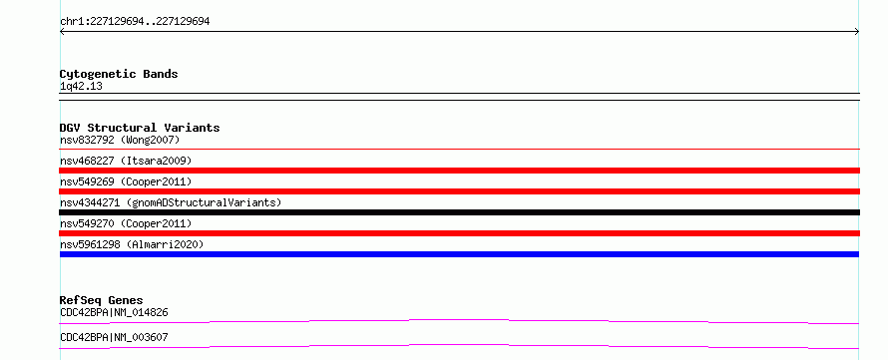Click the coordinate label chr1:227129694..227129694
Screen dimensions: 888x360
(x=135, y=22)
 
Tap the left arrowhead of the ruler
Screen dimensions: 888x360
(x=61, y=32)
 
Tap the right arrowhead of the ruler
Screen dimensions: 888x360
(x=858, y=32)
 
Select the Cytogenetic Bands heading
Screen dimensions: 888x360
(x=119, y=74)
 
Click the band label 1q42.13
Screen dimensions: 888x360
(x=81, y=87)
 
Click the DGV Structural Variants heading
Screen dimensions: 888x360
(x=140, y=128)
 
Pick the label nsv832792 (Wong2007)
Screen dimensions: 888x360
(x=120, y=140)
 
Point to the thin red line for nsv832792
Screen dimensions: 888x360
(x=459, y=150)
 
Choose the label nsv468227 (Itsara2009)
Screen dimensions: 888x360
(x=126, y=162)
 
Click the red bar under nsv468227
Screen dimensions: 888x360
(x=459, y=171)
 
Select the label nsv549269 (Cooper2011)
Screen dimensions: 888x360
(x=126, y=182)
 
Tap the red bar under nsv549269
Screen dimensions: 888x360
(x=459, y=191)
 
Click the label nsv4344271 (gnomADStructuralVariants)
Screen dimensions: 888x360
(x=171, y=203)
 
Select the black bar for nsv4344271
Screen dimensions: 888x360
(x=459, y=212)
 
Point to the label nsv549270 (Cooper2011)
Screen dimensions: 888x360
(x=126, y=224)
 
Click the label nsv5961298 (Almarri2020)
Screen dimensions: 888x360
(x=132, y=245)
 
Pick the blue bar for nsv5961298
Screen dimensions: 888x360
(x=459, y=254)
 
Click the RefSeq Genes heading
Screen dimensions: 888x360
(x=102, y=300)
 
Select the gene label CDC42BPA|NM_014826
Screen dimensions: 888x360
(x=114, y=312)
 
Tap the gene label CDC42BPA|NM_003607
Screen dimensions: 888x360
(x=114, y=338)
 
